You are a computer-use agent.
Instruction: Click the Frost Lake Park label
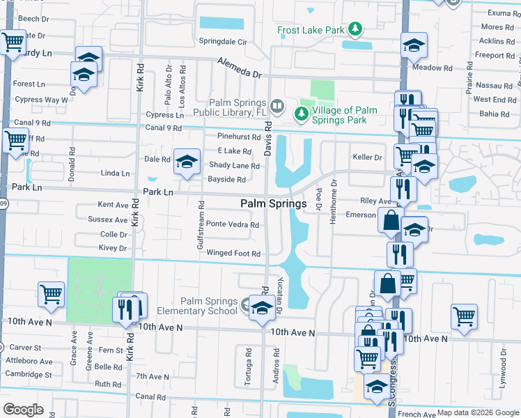[311, 30]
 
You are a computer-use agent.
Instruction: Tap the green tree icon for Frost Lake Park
[356, 29]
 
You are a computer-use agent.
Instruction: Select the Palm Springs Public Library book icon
[277, 106]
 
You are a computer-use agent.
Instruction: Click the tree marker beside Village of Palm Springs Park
[302, 113]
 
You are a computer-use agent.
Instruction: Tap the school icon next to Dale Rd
[186, 162]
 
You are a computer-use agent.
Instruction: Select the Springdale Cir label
[224, 42]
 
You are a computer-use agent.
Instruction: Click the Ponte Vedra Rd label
[233, 224]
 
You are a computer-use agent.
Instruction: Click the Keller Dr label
[368, 157]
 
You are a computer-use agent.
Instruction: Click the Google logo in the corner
[24, 410]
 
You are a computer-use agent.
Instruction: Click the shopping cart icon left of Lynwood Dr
[464, 316]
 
